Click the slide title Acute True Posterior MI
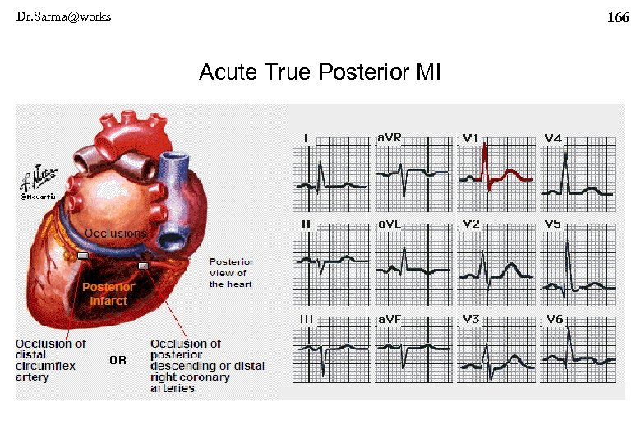pyautogui.click(x=320, y=73)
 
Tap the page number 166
pyautogui.click(x=617, y=17)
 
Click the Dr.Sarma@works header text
pyautogui.click(x=63, y=16)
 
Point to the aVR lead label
pyautogui.click(x=390, y=138)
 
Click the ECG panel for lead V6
pyautogui.click(x=578, y=350)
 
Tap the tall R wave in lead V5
pyautogui.click(x=567, y=255)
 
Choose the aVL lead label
pyautogui.click(x=390, y=224)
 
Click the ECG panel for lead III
pyautogui.click(x=330, y=350)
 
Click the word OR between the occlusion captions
pyautogui.click(x=118, y=360)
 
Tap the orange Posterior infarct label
pyautogui.click(x=108, y=294)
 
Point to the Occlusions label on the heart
pyautogui.click(x=116, y=233)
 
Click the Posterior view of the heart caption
pyautogui.click(x=231, y=273)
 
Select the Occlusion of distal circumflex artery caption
pyautogui.click(x=51, y=360)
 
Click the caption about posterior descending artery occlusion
pyautogui.click(x=206, y=366)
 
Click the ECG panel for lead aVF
pyautogui.click(x=413, y=350)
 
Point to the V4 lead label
pyautogui.click(x=553, y=138)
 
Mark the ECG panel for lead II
pyautogui.click(x=330, y=263)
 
